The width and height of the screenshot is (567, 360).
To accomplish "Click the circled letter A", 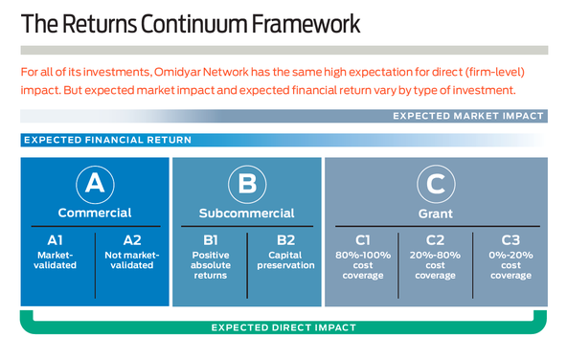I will click(x=94, y=183).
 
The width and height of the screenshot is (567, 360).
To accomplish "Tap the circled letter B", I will click(x=246, y=183).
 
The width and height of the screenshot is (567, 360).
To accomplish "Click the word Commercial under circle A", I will click(x=94, y=213).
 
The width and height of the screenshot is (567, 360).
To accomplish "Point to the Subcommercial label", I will click(x=246, y=213).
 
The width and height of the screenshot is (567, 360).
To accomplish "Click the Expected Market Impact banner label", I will click(x=468, y=116).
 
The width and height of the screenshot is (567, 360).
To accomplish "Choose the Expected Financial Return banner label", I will click(x=107, y=140).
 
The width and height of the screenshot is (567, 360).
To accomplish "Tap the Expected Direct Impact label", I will click(x=283, y=327).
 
